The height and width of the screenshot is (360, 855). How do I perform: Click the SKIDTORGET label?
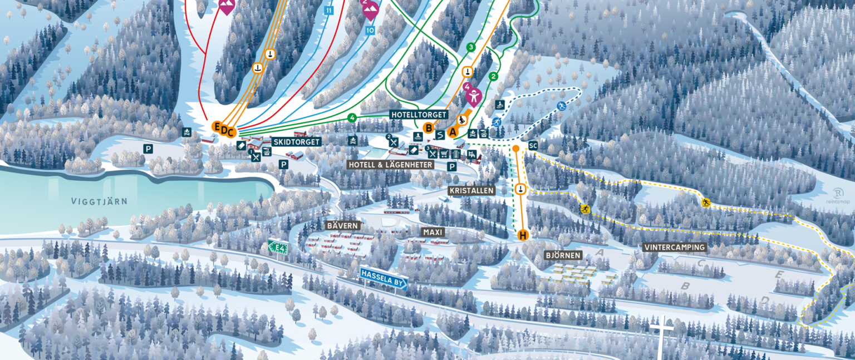click(x=296, y=142)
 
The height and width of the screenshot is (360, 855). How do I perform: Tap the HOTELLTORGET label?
click(x=419, y=115)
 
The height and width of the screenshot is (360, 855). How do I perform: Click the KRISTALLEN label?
click(x=471, y=191)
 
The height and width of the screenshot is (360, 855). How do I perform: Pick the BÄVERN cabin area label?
click(x=343, y=226)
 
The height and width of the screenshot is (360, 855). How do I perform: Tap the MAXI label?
click(x=433, y=231)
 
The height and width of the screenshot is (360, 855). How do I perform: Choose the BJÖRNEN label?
click(x=563, y=255)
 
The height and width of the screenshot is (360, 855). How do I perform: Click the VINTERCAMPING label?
click(x=675, y=247)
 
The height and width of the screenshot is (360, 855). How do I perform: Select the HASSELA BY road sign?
click(x=384, y=278)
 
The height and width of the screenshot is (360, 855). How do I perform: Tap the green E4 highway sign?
click(x=277, y=246)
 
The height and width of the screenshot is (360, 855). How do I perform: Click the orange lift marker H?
click(x=523, y=235)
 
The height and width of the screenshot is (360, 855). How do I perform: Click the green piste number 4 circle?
click(x=352, y=117)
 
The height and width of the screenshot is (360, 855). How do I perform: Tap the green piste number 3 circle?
click(x=471, y=47)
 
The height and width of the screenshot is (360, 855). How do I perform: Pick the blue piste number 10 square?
click(x=370, y=31)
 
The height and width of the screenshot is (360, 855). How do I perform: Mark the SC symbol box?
click(x=533, y=146)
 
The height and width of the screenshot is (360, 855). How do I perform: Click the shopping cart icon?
click(x=444, y=154)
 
